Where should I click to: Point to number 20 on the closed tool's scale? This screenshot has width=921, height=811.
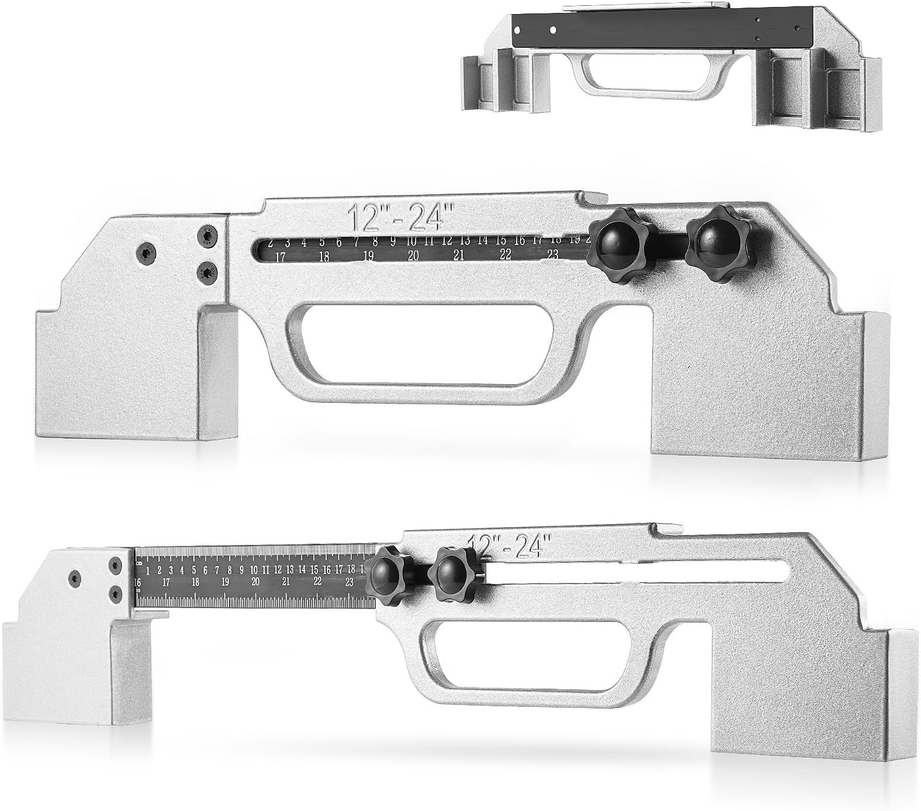point(413,256)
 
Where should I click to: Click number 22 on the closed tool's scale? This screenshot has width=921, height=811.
point(505,255)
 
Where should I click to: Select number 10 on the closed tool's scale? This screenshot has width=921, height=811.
point(411,241)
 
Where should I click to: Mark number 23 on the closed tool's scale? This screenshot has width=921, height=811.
point(552,254)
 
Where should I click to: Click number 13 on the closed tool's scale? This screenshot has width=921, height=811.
point(465,240)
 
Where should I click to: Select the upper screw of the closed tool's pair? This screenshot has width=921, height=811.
point(207,236)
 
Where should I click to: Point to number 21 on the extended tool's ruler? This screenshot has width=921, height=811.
point(286,582)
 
